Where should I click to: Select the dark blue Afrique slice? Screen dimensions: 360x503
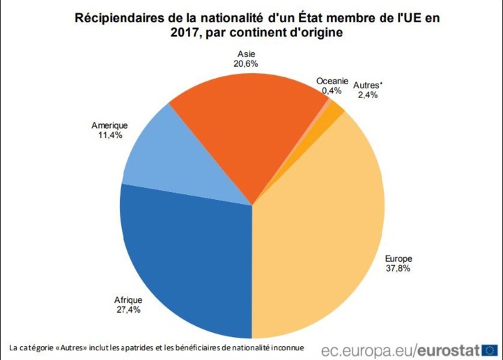pyautogui.click(x=188, y=258)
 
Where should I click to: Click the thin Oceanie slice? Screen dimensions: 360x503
pyautogui.click(x=325, y=104)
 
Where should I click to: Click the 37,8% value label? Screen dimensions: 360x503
pyautogui.click(x=399, y=269)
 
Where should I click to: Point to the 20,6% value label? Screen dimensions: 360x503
pyautogui.click(x=247, y=63)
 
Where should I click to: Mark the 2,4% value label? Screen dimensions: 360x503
pyautogui.click(x=367, y=95)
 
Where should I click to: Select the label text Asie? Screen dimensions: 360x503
pyautogui.click(x=247, y=53)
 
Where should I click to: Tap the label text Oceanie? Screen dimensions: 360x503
pyautogui.click(x=332, y=81)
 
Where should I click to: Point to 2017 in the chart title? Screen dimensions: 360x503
pyautogui.click(x=184, y=33)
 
